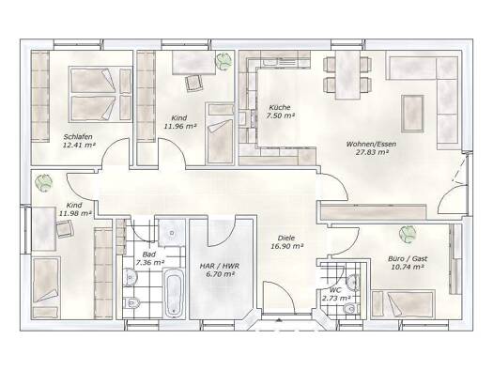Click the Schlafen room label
[78, 137]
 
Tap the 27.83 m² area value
[371, 152]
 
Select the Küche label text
[280, 107]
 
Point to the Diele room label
[286, 239]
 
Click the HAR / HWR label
[220, 267]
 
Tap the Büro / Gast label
[408, 258]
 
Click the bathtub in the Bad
[174, 292]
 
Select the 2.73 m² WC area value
[336, 299]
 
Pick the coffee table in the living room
[412, 114]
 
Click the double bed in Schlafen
[100, 94]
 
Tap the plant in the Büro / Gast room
[408, 234]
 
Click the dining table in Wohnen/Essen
[347, 74]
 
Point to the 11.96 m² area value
[180, 127]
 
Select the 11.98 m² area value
[75, 213]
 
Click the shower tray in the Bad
[172, 233]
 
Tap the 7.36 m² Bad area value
[149, 262]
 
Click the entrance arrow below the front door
[278, 320]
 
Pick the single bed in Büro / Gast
[404, 304]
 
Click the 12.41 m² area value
[79, 145]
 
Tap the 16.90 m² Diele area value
[286, 246]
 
